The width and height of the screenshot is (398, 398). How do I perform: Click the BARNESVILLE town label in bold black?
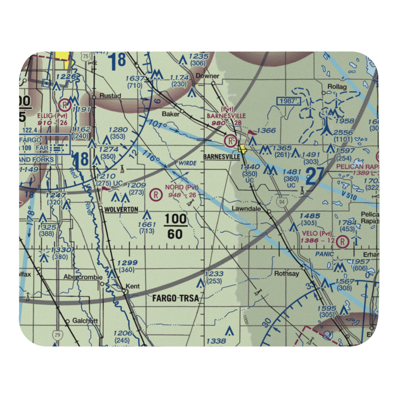221,157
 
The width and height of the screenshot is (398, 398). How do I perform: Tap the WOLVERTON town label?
120,209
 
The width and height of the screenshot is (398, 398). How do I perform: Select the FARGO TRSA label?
175,298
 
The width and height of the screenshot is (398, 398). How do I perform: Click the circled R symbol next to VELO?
342,241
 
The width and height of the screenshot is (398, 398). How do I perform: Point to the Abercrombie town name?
83,277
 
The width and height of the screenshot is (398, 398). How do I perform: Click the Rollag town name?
337,87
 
